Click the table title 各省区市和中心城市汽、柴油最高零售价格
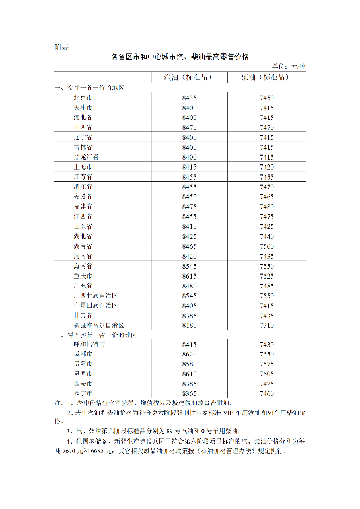pyautogui.click(x=180, y=57)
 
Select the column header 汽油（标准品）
pyautogui.click(x=188, y=77)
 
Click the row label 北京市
pyautogui.click(x=83, y=98)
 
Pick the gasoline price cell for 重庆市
pyautogui.click(x=189, y=276)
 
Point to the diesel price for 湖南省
pyautogui.click(x=267, y=246)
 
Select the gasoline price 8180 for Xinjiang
pyautogui.click(x=189, y=325)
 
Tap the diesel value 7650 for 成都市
pyautogui.click(x=267, y=355)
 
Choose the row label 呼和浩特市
pyautogui.click(x=89, y=345)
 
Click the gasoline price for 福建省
pyautogui.click(x=189, y=207)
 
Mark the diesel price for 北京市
pyautogui.click(x=267, y=98)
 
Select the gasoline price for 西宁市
pyautogui.click(x=189, y=394)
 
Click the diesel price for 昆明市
pyautogui.click(x=267, y=374)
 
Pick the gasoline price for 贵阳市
pyautogui.click(x=189, y=364)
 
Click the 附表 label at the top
pyautogui.click(x=59, y=48)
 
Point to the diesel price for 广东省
pyautogui.click(x=267, y=286)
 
